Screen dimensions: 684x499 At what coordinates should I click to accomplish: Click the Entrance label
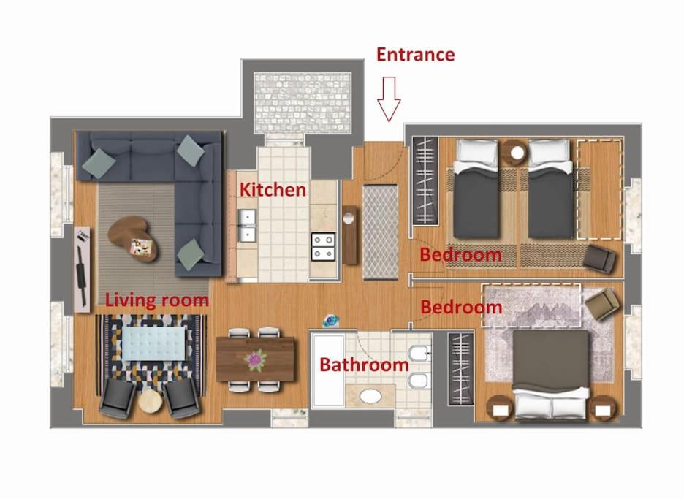(x=415, y=55)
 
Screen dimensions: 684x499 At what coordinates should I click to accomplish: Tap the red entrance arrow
(x=389, y=99)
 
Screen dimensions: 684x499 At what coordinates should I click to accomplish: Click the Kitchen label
(x=273, y=190)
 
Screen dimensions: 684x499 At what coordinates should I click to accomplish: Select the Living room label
(x=157, y=300)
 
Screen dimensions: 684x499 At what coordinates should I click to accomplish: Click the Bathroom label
(x=364, y=365)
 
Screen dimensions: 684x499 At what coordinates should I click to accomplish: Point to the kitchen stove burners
(x=323, y=247)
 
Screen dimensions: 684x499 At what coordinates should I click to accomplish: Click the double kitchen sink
(x=247, y=225)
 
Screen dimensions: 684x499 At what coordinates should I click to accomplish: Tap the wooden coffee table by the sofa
(x=132, y=238)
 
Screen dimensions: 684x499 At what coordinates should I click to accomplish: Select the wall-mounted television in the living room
(x=82, y=270)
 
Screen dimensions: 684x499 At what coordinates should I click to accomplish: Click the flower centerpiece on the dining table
(x=255, y=361)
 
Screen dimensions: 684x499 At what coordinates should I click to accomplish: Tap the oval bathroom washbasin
(x=370, y=396)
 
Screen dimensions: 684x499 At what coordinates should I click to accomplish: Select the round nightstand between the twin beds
(x=514, y=152)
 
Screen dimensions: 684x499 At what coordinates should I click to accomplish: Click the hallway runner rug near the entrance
(x=381, y=232)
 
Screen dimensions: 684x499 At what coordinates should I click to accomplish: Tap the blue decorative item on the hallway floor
(x=330, y=321)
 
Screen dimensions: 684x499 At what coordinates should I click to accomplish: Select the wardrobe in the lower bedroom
(x=460, y=369)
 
